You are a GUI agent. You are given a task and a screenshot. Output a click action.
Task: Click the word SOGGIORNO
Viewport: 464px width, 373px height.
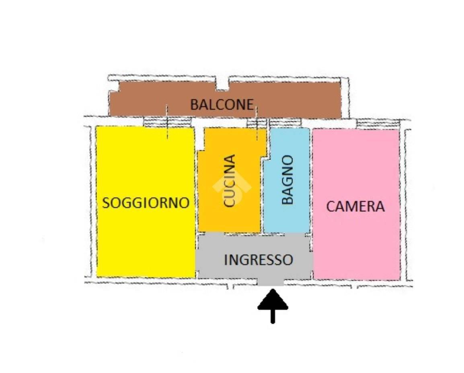tap(146, 203)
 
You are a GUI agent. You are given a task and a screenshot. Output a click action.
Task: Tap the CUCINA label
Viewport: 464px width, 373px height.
tap(230, 180)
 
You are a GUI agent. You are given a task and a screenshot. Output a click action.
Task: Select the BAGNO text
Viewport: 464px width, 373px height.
tap(287, 180)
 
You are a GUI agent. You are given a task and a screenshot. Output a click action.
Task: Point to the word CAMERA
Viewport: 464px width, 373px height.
tap(355, 206)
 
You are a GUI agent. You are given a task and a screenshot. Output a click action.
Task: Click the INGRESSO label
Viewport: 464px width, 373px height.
tap(259, 260)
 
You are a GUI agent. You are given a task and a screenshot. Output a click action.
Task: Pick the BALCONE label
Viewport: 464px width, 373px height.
tap(222, 105)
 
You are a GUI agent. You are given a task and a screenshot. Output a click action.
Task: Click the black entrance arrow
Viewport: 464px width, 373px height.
tap(273, 306)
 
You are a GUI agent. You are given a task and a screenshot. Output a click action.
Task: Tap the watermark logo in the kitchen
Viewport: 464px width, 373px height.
tap(232, 187)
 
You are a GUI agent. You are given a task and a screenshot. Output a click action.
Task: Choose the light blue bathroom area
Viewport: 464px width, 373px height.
tap(287, 180)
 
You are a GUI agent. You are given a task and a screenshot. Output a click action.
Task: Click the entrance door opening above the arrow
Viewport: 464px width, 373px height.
tap(271, 282)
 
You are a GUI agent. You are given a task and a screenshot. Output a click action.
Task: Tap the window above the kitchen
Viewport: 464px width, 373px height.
tap(257, 123)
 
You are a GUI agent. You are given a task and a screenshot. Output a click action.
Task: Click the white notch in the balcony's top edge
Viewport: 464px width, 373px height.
tap(222, 84)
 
